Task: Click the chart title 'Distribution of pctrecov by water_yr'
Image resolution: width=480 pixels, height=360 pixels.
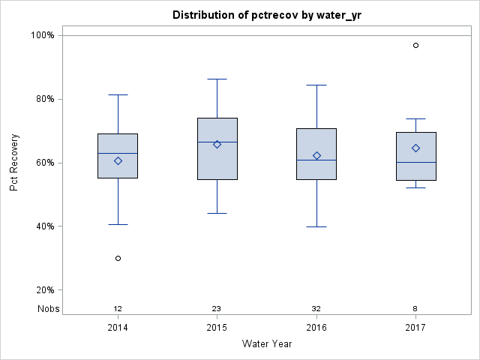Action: (266, 15)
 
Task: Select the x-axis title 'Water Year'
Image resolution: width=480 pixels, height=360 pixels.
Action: (266, 344)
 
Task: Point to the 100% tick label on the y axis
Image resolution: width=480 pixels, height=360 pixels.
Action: (42, 35)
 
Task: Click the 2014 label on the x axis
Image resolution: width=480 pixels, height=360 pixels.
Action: (118, 328)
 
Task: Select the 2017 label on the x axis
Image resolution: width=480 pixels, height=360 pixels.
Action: (415, 328)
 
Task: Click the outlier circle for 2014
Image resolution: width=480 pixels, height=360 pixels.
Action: (118, 258)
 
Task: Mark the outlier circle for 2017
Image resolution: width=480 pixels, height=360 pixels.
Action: (415, 46)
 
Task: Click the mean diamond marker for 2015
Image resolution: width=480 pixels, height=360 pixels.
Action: (217, 144)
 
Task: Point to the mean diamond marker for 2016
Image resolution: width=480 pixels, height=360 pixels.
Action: (316, 155)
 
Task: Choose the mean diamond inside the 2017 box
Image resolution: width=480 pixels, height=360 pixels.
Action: (415, 148)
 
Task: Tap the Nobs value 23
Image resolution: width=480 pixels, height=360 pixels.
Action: (217, 308)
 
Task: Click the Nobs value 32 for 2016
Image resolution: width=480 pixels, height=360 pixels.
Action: (316, 308)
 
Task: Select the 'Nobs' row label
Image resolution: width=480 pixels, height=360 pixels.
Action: (49, 308)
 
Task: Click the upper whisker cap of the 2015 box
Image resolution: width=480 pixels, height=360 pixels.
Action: (217, 79)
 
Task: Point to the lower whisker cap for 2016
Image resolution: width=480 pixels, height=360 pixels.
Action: (316, 226)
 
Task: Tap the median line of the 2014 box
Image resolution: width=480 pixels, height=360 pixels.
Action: (118, 153)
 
